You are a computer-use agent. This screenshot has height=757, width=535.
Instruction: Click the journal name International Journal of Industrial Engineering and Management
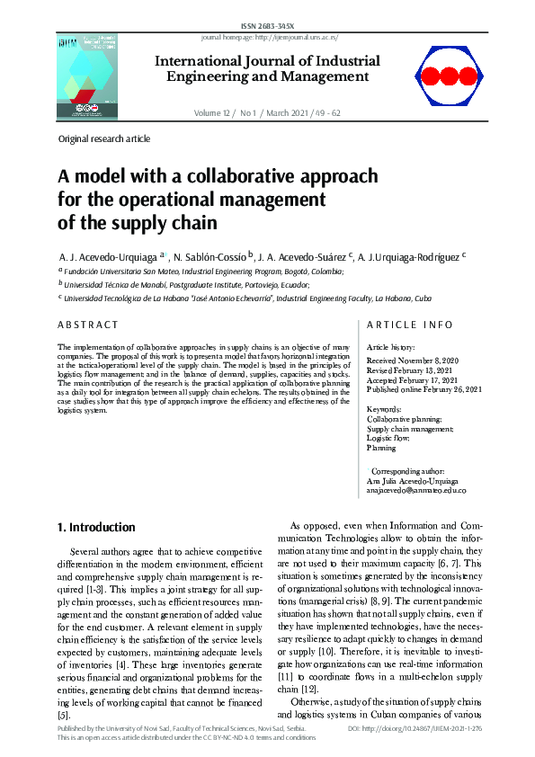tap(267, 68)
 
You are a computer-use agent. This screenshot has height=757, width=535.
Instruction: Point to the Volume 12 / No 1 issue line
tap(267, 113)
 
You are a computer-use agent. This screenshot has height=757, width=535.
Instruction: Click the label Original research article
tap(104, 139)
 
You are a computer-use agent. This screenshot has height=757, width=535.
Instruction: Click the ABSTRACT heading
tap(88, 325)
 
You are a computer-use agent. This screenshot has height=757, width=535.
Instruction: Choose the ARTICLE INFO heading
tap(409, 325)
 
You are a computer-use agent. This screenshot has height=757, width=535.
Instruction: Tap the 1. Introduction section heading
tap(96, 527)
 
